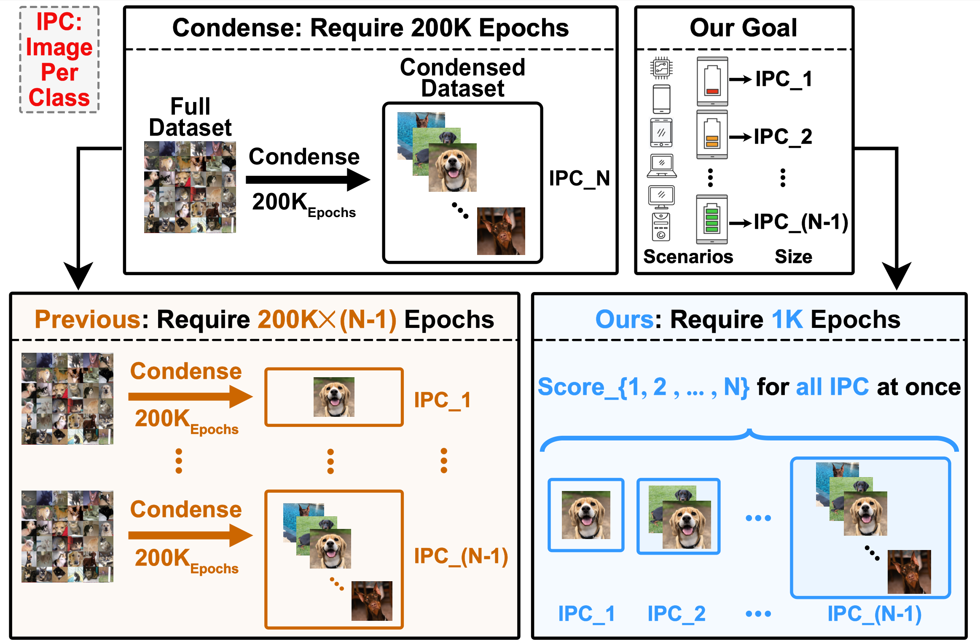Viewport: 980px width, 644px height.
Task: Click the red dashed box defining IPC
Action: coord(59,59)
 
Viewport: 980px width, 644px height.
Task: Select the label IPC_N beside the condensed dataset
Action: coord(579,178)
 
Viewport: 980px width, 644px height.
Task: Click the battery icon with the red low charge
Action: coord(712,81)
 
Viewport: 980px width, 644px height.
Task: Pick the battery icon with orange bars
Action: coord(712,134)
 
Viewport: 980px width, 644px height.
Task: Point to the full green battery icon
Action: coord(712,219)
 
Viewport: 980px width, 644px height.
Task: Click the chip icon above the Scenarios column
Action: coord(661,68)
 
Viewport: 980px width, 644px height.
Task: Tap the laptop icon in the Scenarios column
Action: coord(662,166)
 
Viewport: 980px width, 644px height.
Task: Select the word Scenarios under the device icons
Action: coord(688,257)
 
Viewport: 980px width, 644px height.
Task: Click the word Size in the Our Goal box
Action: coord(793,257)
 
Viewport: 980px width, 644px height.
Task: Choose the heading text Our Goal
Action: coord(743,28)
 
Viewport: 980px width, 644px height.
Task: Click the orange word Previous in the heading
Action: coord(88,319)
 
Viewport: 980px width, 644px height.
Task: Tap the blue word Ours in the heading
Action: coord(624,319)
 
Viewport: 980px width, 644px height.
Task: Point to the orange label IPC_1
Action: coord(442,400)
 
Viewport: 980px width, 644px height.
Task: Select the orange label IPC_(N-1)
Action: coord(461,556)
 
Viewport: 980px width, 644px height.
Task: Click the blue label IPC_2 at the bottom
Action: coord(676,614)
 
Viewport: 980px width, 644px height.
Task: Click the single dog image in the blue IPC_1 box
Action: coord(586,515)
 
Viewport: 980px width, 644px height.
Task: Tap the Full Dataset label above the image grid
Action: coord(190,117)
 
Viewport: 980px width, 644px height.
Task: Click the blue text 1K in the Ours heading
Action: coord(787,319)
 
